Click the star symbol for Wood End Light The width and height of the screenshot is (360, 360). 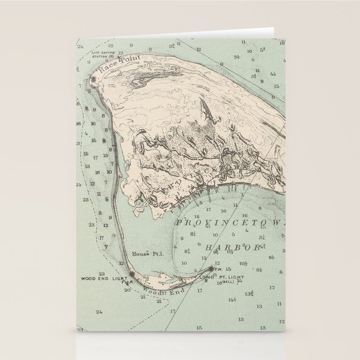tap(131, 275)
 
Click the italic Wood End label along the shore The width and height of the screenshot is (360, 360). tap(158, 291)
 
